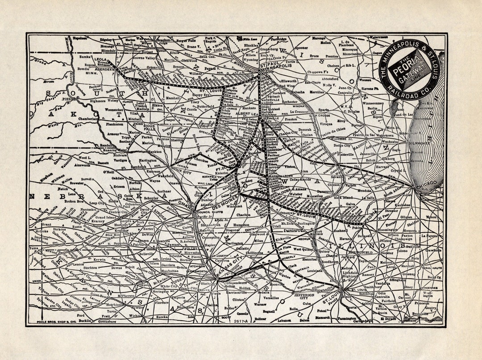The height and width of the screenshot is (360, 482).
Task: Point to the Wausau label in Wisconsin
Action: tap(365, 80)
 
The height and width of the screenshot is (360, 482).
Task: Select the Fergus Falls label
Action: tap(187, 40)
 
